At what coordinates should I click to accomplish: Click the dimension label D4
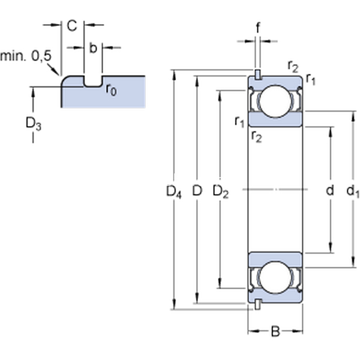(173, 193)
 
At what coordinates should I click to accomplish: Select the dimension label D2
(221, 192)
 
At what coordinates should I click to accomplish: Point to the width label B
(275, 331)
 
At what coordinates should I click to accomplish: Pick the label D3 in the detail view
(33, 124)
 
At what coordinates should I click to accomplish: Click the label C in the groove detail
(72, 26)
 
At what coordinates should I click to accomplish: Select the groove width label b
(93, 48)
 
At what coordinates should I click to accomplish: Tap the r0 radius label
(111, 89)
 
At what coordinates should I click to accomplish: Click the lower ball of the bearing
(275, 276)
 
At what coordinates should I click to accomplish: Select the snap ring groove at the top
(257, 75)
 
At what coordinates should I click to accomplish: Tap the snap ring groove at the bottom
(257, 304)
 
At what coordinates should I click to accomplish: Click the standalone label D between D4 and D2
(196, 192)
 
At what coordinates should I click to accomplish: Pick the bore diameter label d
(329, 192)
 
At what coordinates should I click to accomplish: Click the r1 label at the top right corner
(310, 78)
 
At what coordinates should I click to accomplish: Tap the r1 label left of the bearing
(239, 121)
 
